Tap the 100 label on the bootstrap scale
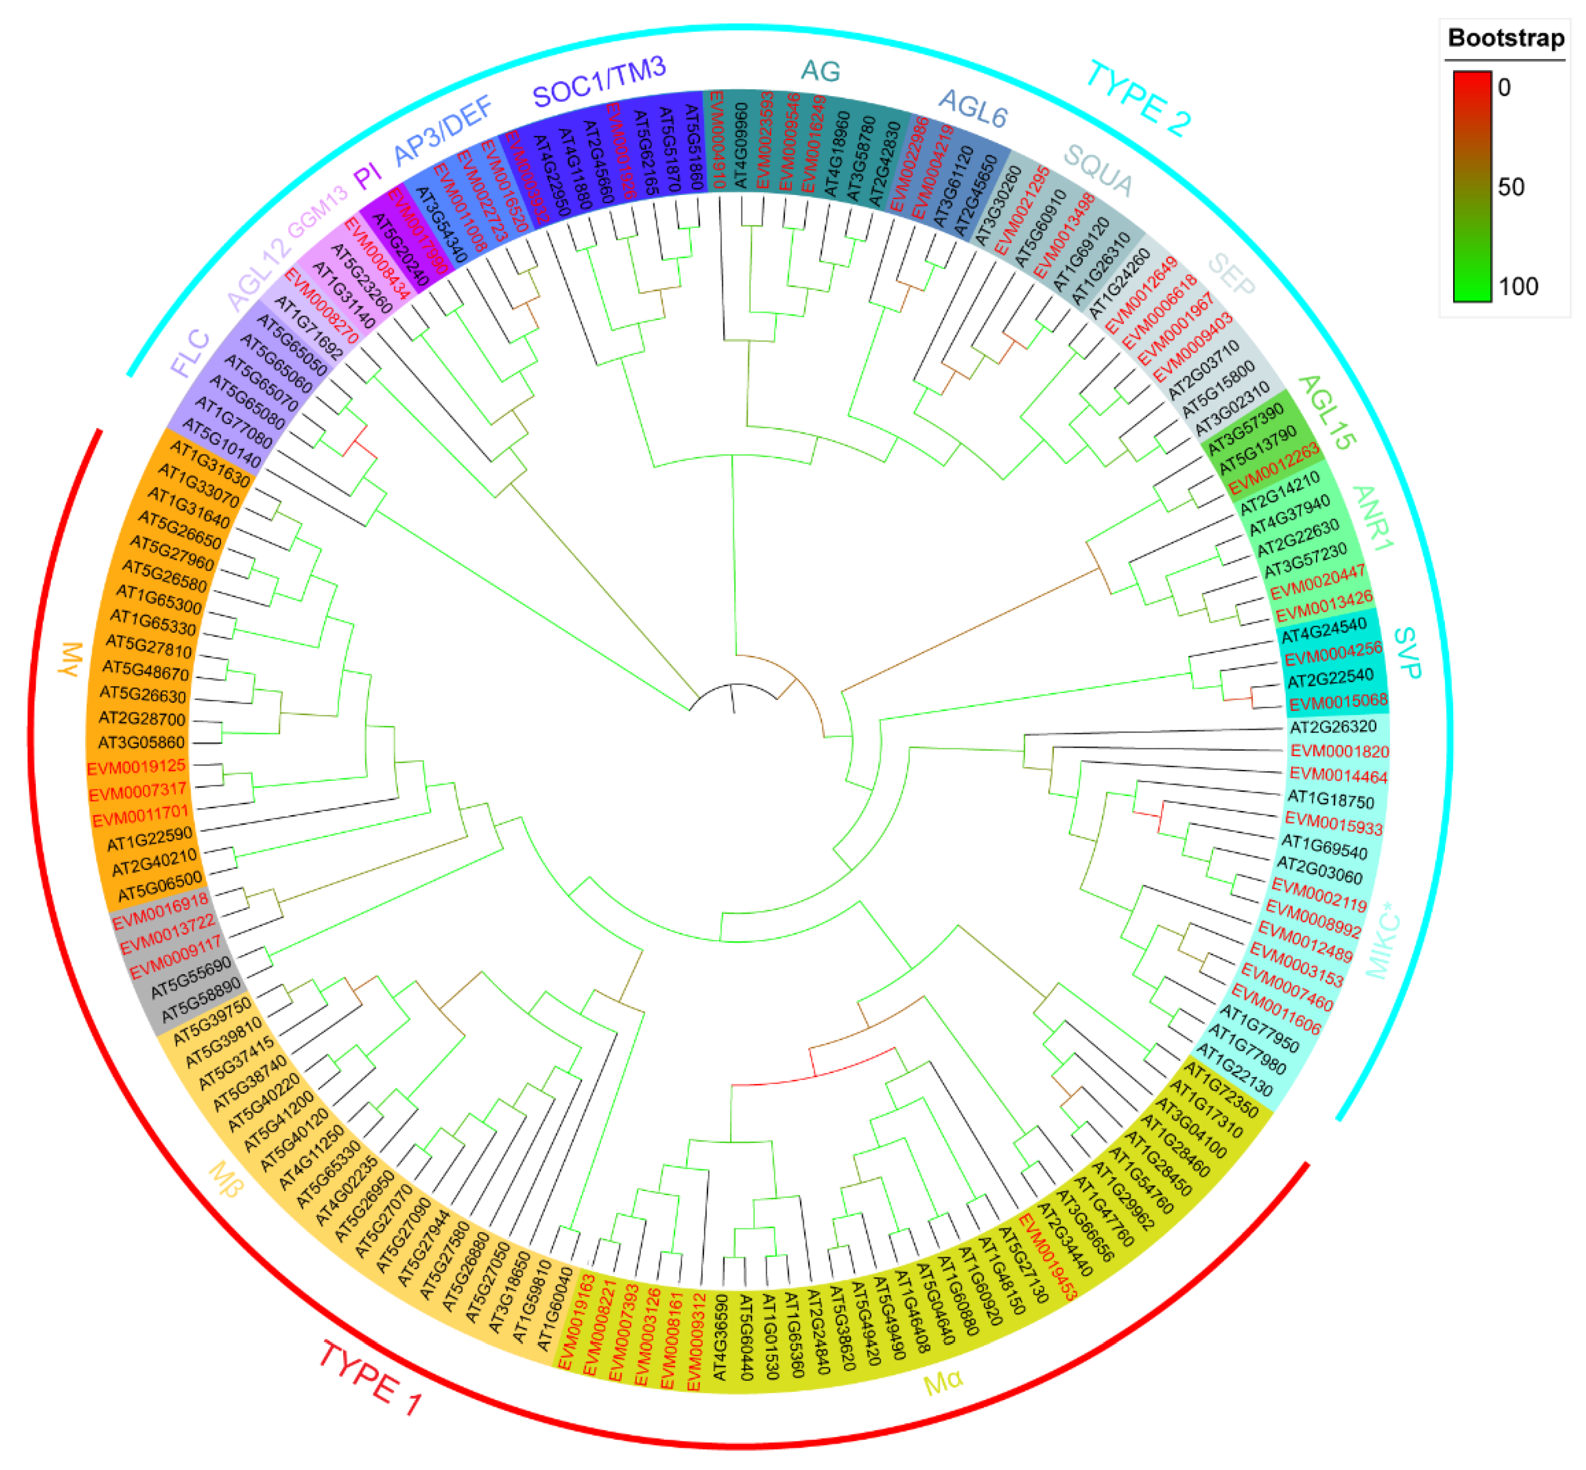point(1517,286)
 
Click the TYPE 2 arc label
point(1138,99)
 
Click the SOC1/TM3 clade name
point(598,82)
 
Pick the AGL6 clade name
point(972,108)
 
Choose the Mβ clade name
point(227,1179)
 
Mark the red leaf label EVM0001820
point(1339,751)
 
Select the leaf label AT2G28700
point(142,718)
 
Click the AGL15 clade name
point(1326,412)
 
